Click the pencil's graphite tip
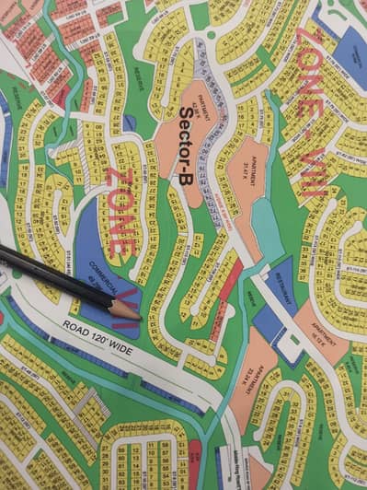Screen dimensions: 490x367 coord(138,317)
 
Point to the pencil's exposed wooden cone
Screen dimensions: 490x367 coord(125,309)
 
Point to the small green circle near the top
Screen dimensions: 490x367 coord(212,35)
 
